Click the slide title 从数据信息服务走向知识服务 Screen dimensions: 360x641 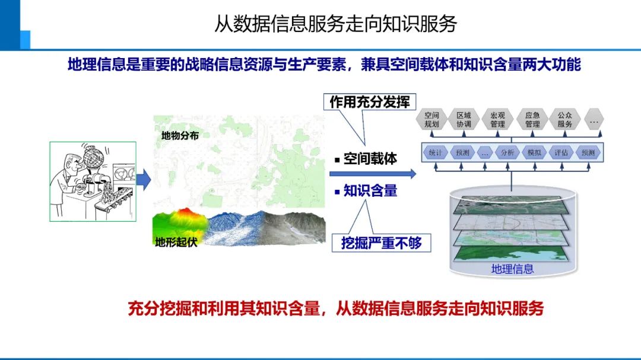tap(335, 24)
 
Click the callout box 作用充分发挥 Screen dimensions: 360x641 tap(369, 101)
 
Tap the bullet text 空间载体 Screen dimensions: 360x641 tap(370, 159)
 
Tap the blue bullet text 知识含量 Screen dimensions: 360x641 tap(370, 191)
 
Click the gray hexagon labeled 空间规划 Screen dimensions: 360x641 tap(431, 119)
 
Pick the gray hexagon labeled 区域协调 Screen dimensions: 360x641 tap(464, 119)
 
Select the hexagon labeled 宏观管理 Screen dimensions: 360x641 tap(497, 119)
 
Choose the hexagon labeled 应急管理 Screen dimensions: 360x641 tap(532, 119)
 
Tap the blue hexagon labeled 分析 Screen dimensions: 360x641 tap(507, 152)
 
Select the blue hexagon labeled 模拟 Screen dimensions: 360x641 tap(534, 152)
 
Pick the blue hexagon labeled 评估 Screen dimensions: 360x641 tap(561, 152)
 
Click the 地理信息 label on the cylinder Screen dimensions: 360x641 tap(512, 269)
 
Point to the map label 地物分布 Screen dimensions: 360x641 tap(180, 136)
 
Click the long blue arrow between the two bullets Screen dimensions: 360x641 tap(372, 174)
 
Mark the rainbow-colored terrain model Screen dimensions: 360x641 tap(180, 223)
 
